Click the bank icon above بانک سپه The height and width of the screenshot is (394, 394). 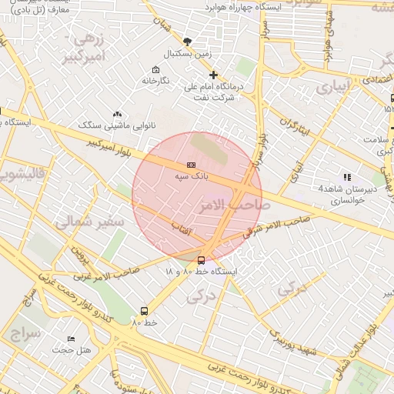(191, 165)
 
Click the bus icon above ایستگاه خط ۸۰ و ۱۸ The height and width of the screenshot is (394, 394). (202, 260)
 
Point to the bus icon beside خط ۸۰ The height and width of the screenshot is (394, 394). (144, 311)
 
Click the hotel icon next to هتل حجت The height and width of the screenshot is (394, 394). (72, 339)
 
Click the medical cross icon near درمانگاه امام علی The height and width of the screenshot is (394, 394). (213, 75)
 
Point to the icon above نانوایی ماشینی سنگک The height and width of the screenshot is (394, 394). (117, 113)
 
